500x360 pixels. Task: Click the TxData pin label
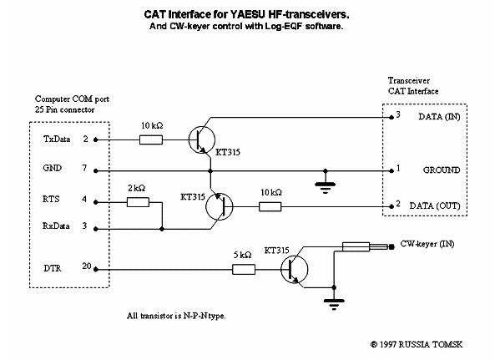pyautogui.click(x=57, y=139)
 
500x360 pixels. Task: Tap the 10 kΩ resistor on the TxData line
pyautogui.click(x=151, y=139)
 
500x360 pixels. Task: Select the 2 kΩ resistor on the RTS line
pyautogui.click(x=138, y=202)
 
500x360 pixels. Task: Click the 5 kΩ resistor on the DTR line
pyautogui.click(x=244, y=269)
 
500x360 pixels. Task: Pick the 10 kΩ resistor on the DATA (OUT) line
pyautogui.click(x=270, y=207)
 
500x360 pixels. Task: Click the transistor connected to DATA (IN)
pyautogui.click(x=201, y=139)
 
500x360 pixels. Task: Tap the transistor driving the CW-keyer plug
pyautogui.click(x=294, y=269)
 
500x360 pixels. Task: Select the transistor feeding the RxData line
pyautogui.click(x=220, y=206)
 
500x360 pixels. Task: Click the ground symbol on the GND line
pyautogui.click(x=325, y=186)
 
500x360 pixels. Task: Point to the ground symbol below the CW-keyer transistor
pyautogui.click(x=334, y=302)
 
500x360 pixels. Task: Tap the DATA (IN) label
pyautogui.click(x=439, y=117)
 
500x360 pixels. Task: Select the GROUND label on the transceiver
pyautogui.click(x=442, y=170)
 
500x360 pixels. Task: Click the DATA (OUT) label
pyautogui.click(x=435, y=205)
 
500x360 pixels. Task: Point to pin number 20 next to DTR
pyautogui.click(x=87, y=266)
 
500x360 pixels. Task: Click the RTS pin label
pyautogui.click(x=51, y=199)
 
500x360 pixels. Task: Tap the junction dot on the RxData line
pyautogui.click(x=162, y=229)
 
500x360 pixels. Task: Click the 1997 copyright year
pyautogui.click(x=388, y=344)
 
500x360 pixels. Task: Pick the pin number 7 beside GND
pyautogui.click(x=84, y=168)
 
